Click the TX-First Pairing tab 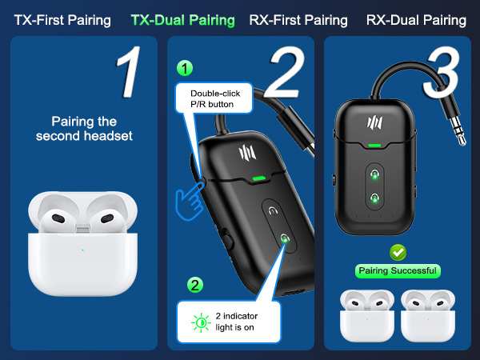tap(62, 19)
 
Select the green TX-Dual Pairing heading tap(184, 19)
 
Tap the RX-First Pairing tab tap(298, 19)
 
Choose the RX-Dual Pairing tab tap(417, 19)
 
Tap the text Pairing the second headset tap(83, 129)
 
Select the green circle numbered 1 tap(186, 69)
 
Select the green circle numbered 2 tap(194, 284)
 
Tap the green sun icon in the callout tap(200, 322)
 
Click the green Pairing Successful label tap(398, 272)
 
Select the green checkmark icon tap(398, 252)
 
